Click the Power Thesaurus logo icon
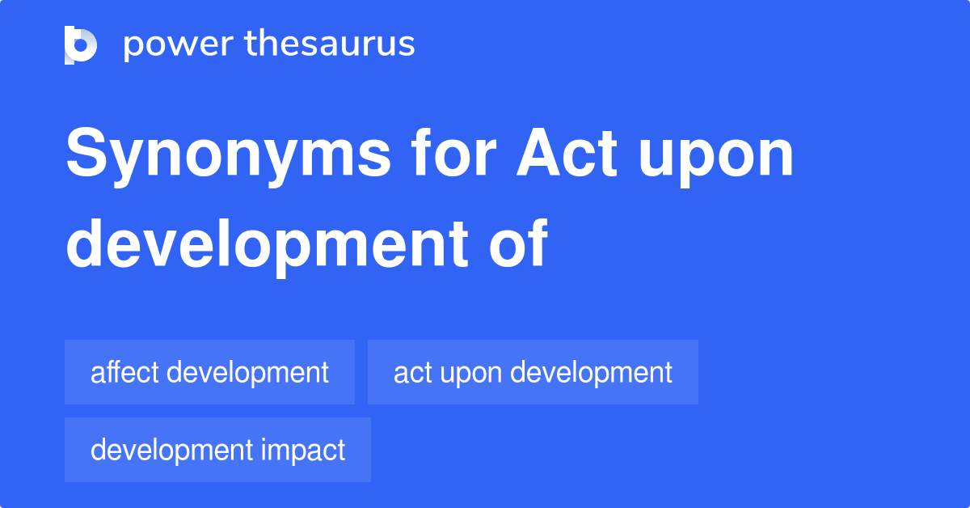click(81, 44)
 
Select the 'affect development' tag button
click(209, 372)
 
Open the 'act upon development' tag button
click(533, 372)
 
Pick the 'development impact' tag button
click(217, 450)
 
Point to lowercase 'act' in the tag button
click(410, 372)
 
